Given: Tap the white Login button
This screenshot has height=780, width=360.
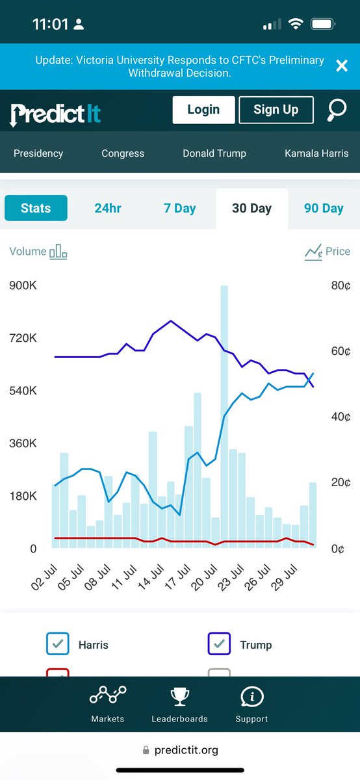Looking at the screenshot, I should click(x=203, y=110).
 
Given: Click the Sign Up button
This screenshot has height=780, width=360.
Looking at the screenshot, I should click(x=276, y=110).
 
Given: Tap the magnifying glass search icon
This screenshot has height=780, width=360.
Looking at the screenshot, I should click(x=337, y=110).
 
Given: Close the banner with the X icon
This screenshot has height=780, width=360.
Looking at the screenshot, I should click(x=341, y=65).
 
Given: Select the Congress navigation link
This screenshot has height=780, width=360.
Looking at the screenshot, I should click(x=123, y=153).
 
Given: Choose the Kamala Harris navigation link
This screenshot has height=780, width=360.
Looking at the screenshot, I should click(x=316, y=153).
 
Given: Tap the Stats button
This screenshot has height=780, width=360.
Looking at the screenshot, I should click(x=36, y=209).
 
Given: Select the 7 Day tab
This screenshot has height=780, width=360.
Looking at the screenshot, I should click(x=179, y=209).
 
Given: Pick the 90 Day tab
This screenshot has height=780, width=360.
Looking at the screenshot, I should click(x=324, y=209).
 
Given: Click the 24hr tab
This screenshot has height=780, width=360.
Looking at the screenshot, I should click(x=107, y=209).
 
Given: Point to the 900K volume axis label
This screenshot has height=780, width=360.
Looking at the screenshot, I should click(x=23, y=286).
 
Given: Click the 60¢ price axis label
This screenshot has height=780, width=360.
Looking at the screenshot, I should click(x=339, y=352).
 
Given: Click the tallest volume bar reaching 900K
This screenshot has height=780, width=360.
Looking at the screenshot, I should click(x=224, y=416).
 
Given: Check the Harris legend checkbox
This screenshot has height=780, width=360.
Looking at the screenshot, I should click(x=58, y=644).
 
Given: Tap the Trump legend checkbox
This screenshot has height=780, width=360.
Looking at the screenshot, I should click(x=219, y=644).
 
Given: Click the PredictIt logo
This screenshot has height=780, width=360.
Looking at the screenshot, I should click(x=56, y=114).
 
